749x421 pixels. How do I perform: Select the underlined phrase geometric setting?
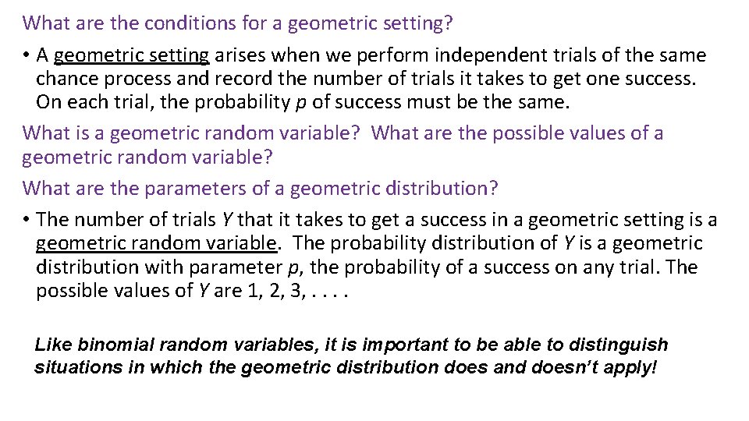(x=132, y=56)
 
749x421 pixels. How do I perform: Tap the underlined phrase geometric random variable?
(x=157, y=243)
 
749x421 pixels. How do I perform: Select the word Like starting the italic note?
(x=52, y=345)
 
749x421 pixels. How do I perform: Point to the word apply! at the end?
(x=630, y=367)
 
